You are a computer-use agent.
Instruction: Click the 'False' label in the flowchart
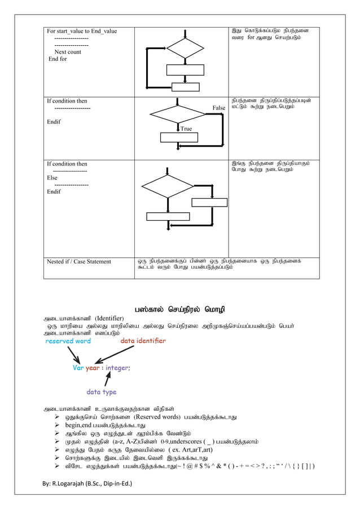tap(218, 107)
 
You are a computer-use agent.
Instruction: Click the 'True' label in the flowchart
tap(186, 129)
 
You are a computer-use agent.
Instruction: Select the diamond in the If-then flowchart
tap(179, 113)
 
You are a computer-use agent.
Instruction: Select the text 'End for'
tap(58, 59)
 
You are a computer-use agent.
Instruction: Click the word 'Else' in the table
tap(52, 177)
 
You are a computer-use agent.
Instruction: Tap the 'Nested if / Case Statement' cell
tap(78, 261)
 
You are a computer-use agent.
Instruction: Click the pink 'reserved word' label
tap(68, 341)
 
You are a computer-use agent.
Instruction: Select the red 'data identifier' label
tap(143, 341)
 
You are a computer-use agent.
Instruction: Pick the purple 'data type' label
tap(101, 390)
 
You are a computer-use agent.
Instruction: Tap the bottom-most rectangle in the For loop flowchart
tap(186, 86)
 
